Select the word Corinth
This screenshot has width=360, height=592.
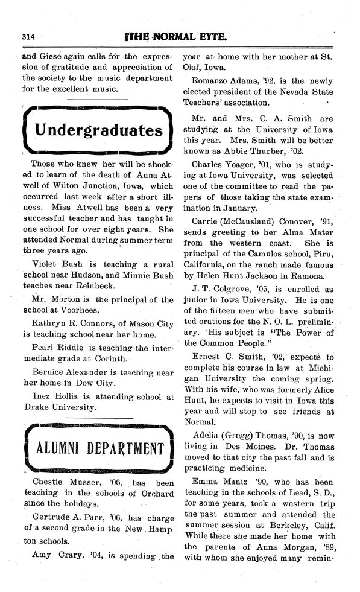(109, 357)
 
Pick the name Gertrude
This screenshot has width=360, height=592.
(46, 517)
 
